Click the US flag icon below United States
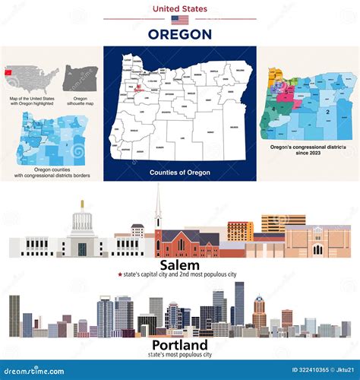tap(180, 20)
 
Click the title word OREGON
tap(180, 34)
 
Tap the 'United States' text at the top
tap(180, 8)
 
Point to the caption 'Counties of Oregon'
tap(180, 173)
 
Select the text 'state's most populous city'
tap(180, 354)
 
